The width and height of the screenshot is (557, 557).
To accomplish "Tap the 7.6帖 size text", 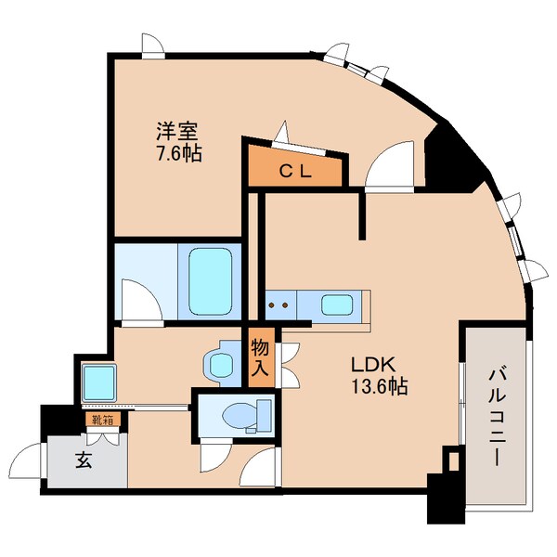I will pyautogui.click(x=176, y=152).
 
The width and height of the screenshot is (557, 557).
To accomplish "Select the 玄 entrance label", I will pyautogui.click(x=84, y=460).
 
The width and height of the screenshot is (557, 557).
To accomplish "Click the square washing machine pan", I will pyautogui.click(x=96, y=381).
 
